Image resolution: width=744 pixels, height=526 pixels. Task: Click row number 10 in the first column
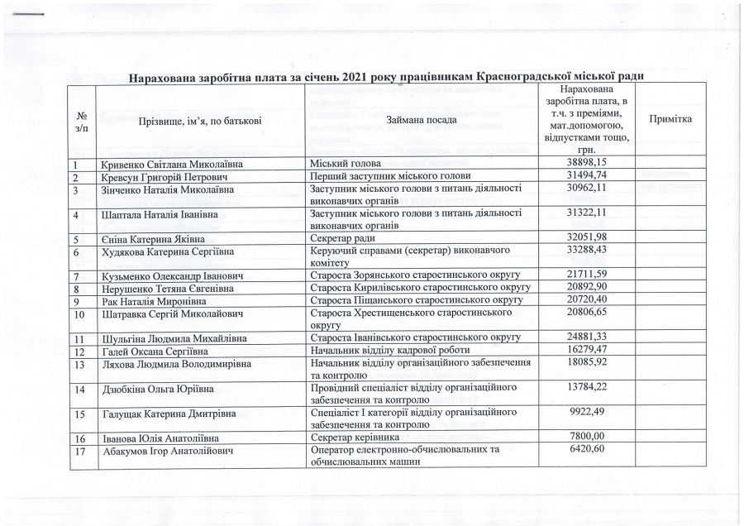click(79, 314)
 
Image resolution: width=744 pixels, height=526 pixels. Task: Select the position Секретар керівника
click(354, 438)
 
